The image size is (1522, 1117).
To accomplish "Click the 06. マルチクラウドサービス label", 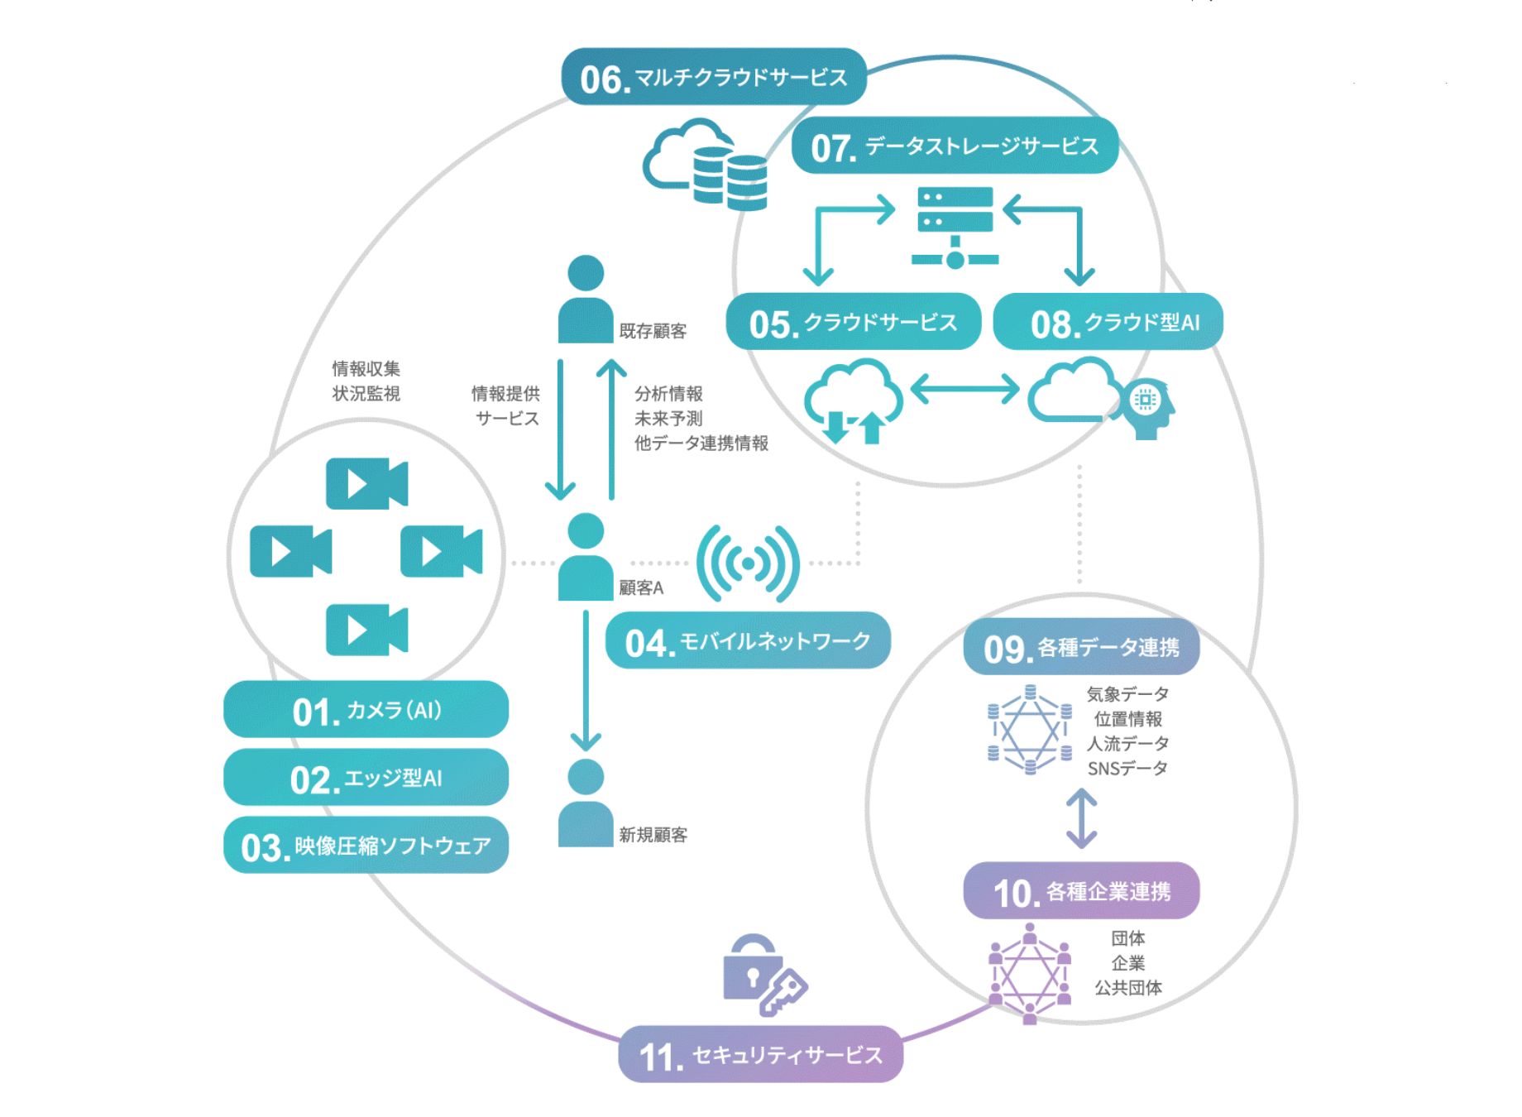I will pyautogui.click(x=713, y=77).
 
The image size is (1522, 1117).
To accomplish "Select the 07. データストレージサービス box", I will pyautogui.click(x=955, y=146).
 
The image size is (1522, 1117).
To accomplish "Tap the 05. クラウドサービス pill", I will pyautogui.click(x=853, y=322).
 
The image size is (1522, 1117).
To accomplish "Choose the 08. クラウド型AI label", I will pyautogui.click(x=1108, y=322).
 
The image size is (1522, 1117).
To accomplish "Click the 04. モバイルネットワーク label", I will pyautogui.click(x=748, y=641).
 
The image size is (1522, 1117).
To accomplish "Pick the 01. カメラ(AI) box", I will pyautogui.click(x=366, y=710).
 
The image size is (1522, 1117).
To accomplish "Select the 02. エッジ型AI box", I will pyautogui.click(x=366, y=778).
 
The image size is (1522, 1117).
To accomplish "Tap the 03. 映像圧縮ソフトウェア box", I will pyautogui.click(x=366, y=846).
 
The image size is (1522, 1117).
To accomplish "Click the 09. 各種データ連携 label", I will pyautogui.click(x=1081, y=647).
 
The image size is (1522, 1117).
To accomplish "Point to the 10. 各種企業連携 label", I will pyautogui.click(x=1081, y=891).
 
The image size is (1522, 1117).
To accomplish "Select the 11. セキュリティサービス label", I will pyautogui.click(x=760, y=1055).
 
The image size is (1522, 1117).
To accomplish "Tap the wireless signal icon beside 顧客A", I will pyautogui.click(x=748, y=563).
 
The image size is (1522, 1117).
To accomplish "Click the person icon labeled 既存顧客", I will pyautogui.click(x=586, y=299).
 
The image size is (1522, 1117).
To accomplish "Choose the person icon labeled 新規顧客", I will pyautogui.click(x=586, y=803).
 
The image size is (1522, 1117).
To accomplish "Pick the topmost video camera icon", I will pyautogui.click(x=366, y=483).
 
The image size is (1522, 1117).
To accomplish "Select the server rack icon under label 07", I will pyautogui.click(x=955, y=226).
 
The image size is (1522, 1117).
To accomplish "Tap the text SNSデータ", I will pyautogui.click(x=1127, y=769).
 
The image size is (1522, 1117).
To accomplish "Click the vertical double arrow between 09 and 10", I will pyautogui.click(x=1081, y=818).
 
